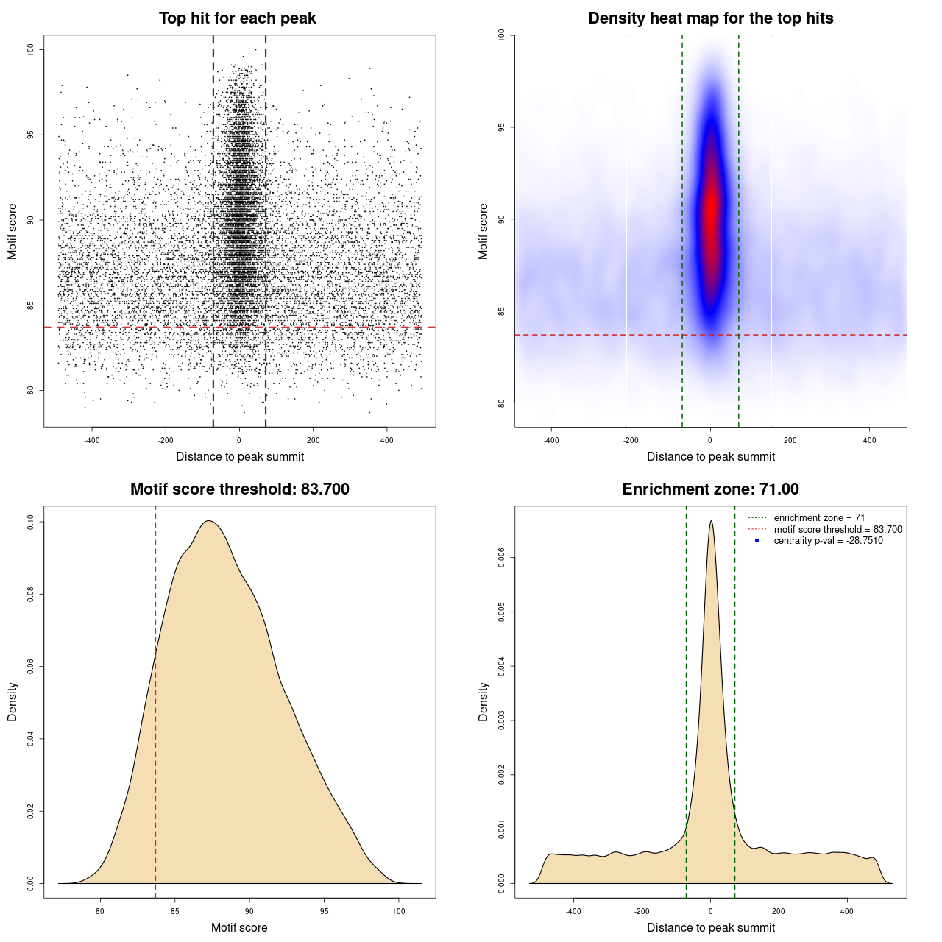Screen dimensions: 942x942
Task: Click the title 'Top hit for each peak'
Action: pos(238,18)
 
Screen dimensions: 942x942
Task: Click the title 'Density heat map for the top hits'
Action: pos(710,18)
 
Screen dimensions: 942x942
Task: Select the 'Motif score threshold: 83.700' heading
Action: pos(239,489)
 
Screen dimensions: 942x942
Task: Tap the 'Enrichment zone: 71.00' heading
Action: pos(710,489)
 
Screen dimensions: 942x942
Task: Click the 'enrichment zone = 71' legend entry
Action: pos(819,518)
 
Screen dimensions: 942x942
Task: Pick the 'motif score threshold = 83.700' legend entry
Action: pos(837,530)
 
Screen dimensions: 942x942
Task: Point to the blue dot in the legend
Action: pos(757,541)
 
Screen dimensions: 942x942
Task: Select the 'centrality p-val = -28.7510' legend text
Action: pos(828,541)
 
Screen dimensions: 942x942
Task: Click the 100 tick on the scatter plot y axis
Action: pos(31,49)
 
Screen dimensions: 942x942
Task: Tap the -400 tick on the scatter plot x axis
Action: pos(92,440)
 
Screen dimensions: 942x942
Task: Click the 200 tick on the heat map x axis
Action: pos(790,440)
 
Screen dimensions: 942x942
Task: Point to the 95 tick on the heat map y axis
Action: pos(502,127)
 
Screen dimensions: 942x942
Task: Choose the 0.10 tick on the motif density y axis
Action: pos(31,522)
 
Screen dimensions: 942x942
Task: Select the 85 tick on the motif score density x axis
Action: pos(174,911)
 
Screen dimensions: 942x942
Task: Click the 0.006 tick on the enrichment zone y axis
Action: pos(502,558)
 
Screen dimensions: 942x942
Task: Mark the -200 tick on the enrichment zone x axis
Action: pos(642,911)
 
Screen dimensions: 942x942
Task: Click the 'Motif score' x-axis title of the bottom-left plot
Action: pos(239,928)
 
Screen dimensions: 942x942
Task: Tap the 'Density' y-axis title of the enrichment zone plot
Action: pos(484,701)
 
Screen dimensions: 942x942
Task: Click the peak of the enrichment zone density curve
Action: pos(711,522)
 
